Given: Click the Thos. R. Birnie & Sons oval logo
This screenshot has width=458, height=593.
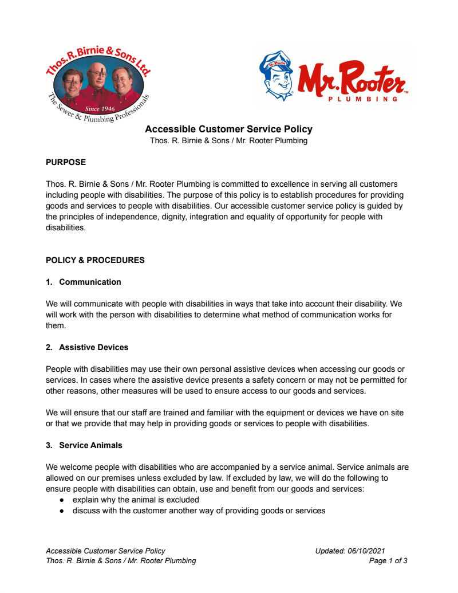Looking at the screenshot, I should (x=97, y=86).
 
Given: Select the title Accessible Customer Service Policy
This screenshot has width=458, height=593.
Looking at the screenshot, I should (x=228, y=129).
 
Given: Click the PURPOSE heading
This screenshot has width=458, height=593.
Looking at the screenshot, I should (x=66, y=162).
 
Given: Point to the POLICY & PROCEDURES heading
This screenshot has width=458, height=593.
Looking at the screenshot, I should (x=95, y=260).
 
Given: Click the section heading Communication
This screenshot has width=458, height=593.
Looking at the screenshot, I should (x=90, y=282).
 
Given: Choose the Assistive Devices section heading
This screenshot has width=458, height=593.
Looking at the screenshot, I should (x=94, y=347).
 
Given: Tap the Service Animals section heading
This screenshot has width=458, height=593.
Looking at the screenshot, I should (x=90, y=445).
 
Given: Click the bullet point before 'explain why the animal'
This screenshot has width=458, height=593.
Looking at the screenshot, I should (x=62, y=500).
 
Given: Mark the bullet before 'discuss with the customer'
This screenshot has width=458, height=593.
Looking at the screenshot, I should (x=62, y=510).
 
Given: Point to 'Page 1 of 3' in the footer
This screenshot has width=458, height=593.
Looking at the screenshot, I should (x=388, y=561).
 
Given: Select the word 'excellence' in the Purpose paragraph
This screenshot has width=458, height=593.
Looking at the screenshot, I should (x=274, y=184).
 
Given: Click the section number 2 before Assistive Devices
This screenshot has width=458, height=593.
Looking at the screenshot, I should (x=49, y=347).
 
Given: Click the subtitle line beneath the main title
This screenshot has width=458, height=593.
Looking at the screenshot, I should (x=228, y=141).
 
